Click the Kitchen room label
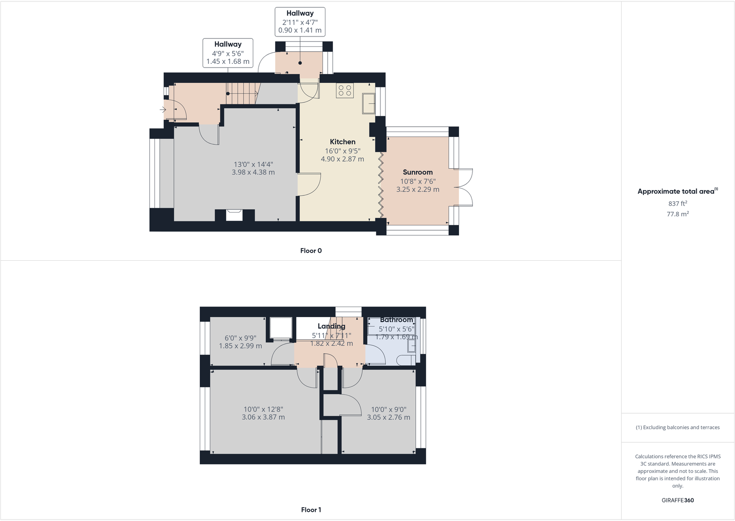pos(343,142)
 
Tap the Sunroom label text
pos(417,172)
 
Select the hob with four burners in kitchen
pos(344,91)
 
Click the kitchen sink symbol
pos(368,103)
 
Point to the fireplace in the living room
pos(234,215)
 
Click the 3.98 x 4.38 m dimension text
pos(253,172)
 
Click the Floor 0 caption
pos(311,251)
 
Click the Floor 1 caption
pos(311,510)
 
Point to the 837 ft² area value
pos(677,203)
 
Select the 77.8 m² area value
pos(677,214)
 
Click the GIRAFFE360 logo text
pos(677,500)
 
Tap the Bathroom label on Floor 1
pos(396,320)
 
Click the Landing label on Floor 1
pos(331,326)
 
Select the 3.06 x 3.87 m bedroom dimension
pos(263,417)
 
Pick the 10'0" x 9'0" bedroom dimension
pos(388,410)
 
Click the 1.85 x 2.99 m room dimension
pos(240,346)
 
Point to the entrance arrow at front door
pos(163,110)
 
